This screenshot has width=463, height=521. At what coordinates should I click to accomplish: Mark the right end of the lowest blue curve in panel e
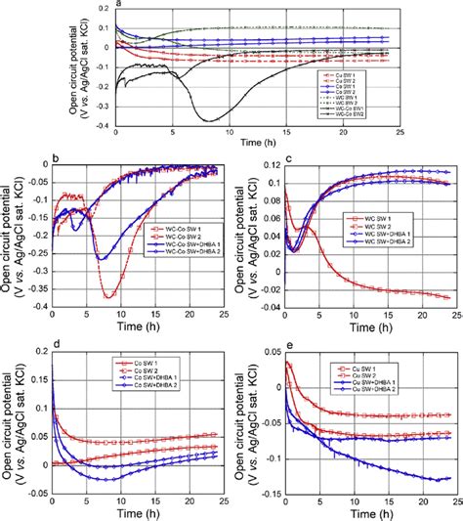click(450, 477)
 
